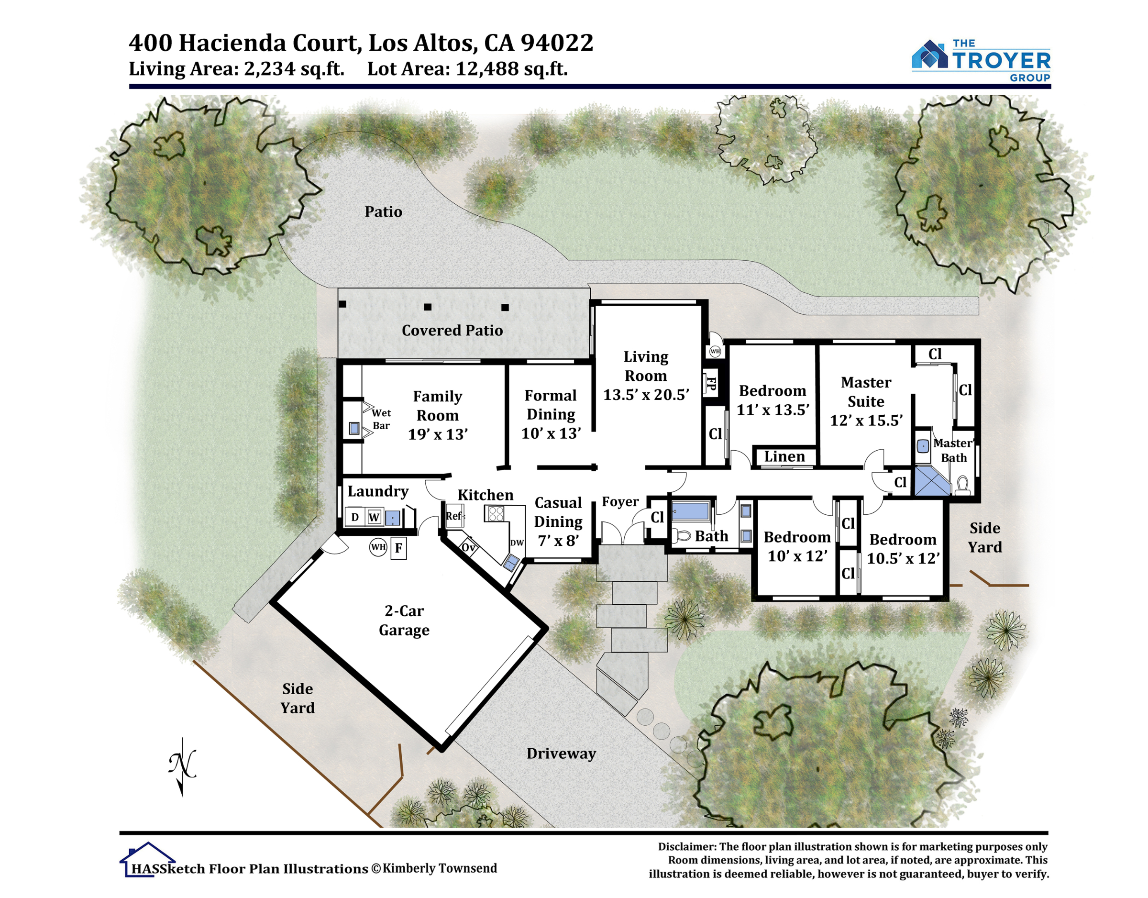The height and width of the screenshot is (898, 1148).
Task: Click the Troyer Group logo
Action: pos(981,60)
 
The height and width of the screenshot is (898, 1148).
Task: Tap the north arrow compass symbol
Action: pos(182,766)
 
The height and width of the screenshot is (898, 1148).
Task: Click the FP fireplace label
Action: pos(711,383)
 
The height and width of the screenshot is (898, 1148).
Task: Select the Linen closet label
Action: pos(784,456)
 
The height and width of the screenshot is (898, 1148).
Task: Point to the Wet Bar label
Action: pos(381,419)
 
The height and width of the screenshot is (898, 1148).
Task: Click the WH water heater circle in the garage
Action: pos(378,547)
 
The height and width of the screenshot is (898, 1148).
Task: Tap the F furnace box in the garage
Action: pos(398,548)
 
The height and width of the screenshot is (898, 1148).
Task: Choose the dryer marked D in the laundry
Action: pos(355,517)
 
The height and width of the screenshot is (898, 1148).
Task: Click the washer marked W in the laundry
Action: pos(374,517)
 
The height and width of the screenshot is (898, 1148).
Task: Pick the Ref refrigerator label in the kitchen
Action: pos(454,516)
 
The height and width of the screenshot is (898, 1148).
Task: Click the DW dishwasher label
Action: pos(517,543)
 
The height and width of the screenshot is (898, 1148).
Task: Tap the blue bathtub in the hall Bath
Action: pos(691,511)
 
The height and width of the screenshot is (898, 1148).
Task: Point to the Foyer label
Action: pos(620,501)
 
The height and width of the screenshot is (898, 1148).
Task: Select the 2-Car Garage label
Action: pos(404,621)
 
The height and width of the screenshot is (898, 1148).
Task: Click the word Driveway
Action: pos(562,754)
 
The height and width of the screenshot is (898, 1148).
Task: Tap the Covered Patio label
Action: pos(452,330)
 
